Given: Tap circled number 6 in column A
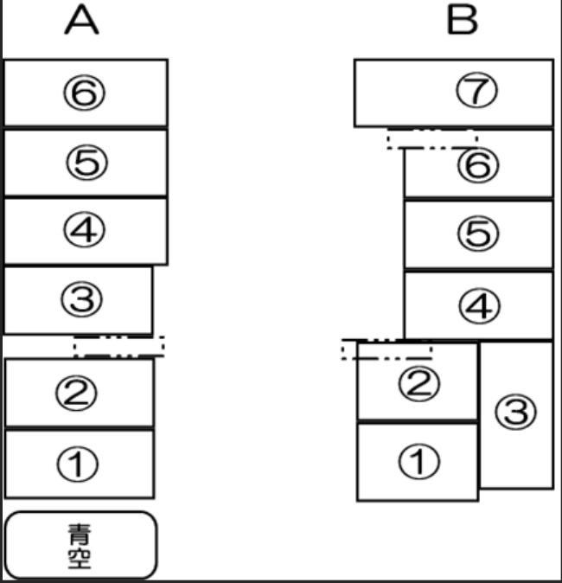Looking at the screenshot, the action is (85, 93).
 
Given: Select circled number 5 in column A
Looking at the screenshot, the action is (87, 163).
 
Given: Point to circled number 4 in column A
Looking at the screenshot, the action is (85, 229).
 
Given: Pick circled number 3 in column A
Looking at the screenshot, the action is (82, 299).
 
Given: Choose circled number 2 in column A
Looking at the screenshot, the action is (77, 393).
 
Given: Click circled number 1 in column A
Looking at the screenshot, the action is (78, 464).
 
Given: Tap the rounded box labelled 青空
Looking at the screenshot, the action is (80, 545).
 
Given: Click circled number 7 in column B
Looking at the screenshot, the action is (476, 90).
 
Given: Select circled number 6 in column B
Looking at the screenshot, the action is (478, 165).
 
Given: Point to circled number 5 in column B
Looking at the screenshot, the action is (478, 234).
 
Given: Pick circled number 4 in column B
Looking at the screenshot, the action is (480, 306).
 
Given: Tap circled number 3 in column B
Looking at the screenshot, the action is (516, 412).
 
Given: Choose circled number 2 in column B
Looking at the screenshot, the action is (418, 384).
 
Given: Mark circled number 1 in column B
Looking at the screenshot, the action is (418, 461).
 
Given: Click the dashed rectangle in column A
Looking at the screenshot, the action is (119, 336).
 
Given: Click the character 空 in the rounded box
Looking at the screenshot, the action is (80, 558).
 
